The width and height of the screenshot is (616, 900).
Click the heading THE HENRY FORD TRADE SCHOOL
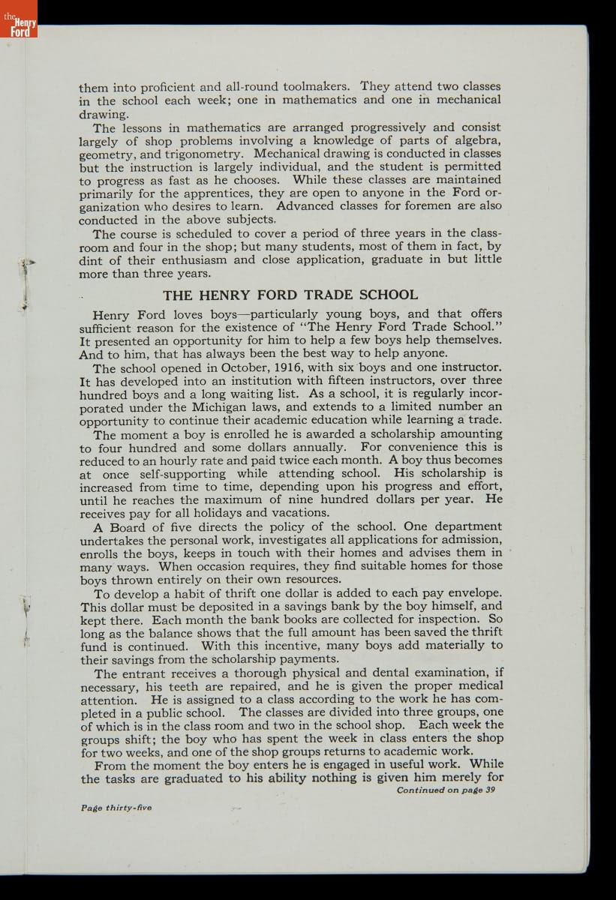[290, 295]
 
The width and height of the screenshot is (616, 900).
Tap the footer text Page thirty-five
[116, 808]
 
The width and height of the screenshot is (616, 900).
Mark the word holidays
[212, 513]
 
